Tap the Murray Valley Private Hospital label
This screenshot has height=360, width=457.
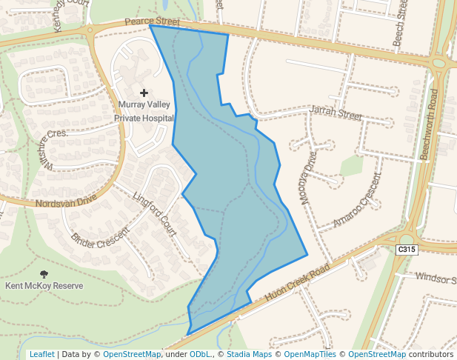click(144, 111)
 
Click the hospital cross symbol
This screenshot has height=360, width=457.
click(144, 92)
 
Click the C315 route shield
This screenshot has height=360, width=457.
click(407, 250)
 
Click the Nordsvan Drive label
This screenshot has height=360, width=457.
click(66, 201)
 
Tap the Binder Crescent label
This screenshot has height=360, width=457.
click(100, 236)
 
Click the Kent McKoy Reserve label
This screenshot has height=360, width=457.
click(44, 285)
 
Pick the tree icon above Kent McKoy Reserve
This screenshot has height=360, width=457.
click(44, 273)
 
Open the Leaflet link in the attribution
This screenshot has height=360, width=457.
click(41, 354)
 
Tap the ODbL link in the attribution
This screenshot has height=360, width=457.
click(200, 354)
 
